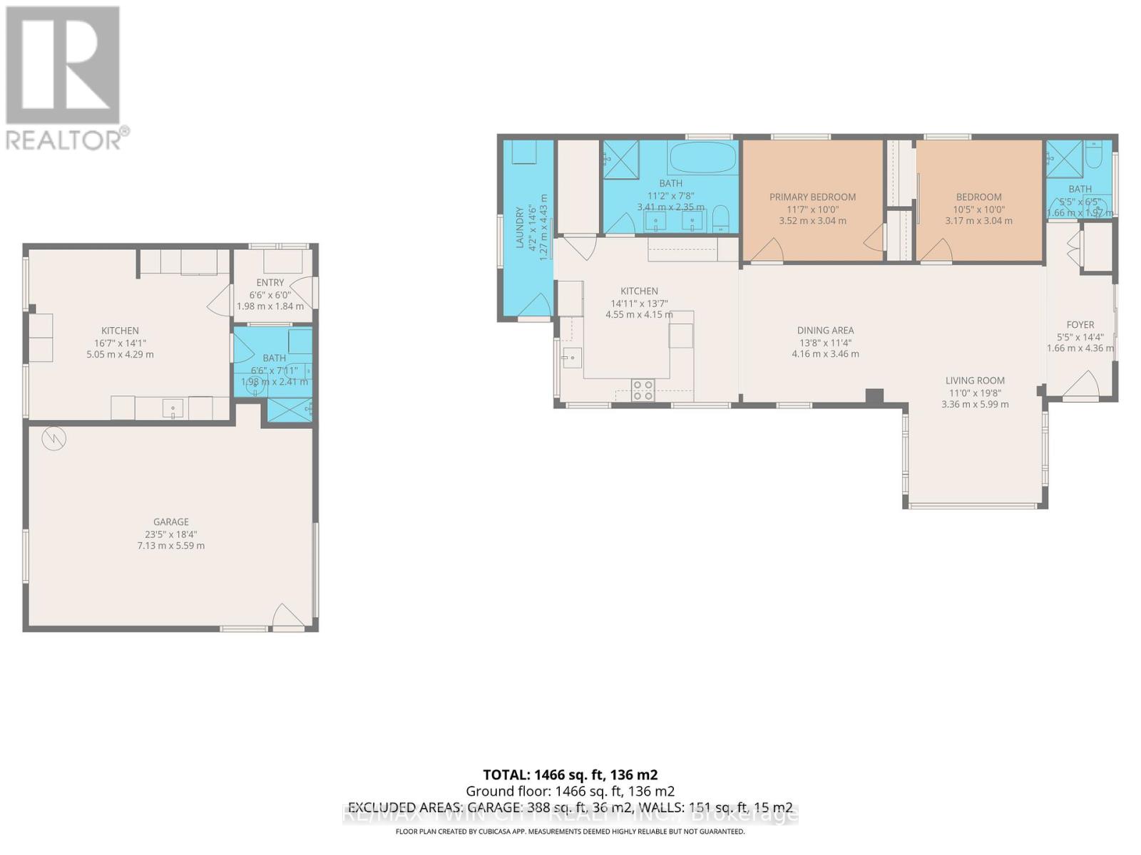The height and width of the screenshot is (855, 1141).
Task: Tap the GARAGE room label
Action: point(171,522)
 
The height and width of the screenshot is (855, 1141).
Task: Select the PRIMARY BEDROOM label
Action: point(812,197)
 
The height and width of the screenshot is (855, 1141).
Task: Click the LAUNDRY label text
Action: point(520,227)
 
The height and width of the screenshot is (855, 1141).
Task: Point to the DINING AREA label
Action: point(825,330)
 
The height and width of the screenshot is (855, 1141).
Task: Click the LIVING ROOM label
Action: point(975,380)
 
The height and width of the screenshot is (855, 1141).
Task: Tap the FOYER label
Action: point(1080,324)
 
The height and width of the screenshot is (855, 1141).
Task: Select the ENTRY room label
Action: point(270,282)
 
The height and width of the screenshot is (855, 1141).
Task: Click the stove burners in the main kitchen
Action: point(643,390)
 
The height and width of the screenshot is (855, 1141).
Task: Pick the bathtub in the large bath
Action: point(702,157)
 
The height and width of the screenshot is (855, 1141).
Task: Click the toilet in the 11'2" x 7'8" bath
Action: point(721,218)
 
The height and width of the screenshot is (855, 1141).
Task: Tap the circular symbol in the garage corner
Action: point(53,439)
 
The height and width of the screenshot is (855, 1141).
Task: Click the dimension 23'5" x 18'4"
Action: point(171,534)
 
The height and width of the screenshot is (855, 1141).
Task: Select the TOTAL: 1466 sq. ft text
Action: point(570,774)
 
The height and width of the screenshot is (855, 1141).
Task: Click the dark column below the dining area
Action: point(874,397)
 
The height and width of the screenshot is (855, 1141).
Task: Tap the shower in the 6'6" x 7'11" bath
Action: point(289,410)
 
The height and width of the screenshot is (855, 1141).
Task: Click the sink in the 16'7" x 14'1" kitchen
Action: point(173,408)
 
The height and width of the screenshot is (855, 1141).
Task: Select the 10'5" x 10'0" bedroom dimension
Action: point(978,209)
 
